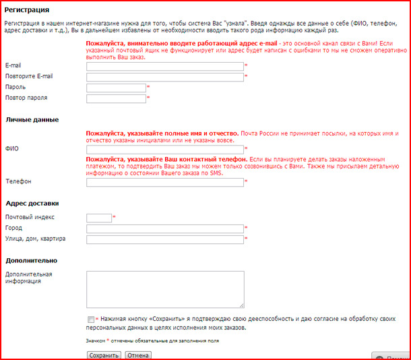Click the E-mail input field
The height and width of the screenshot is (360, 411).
click(164, 66)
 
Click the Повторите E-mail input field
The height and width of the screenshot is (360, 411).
click(164, 77)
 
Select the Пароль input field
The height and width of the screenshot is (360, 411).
click(116, 88)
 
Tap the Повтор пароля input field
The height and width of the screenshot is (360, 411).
click(116, 98)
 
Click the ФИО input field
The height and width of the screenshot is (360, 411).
click(164, 150)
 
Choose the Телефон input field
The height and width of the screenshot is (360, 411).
click(164, 182)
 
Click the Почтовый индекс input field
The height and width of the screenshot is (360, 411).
click(99, 218)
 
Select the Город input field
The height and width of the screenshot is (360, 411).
click(164, 229)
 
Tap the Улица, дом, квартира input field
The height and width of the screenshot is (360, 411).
click(164, 239)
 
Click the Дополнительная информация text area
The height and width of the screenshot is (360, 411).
click(164, 289)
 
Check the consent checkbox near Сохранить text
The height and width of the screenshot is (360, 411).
click(91, 319)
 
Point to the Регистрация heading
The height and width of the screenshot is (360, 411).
click(27, 10)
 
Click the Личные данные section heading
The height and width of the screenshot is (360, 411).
click(32, 120)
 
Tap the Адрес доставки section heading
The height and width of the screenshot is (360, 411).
click(32, 203)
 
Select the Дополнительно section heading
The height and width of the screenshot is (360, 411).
click(31, 260)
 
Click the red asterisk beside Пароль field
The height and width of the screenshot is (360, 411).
click(148, 88)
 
